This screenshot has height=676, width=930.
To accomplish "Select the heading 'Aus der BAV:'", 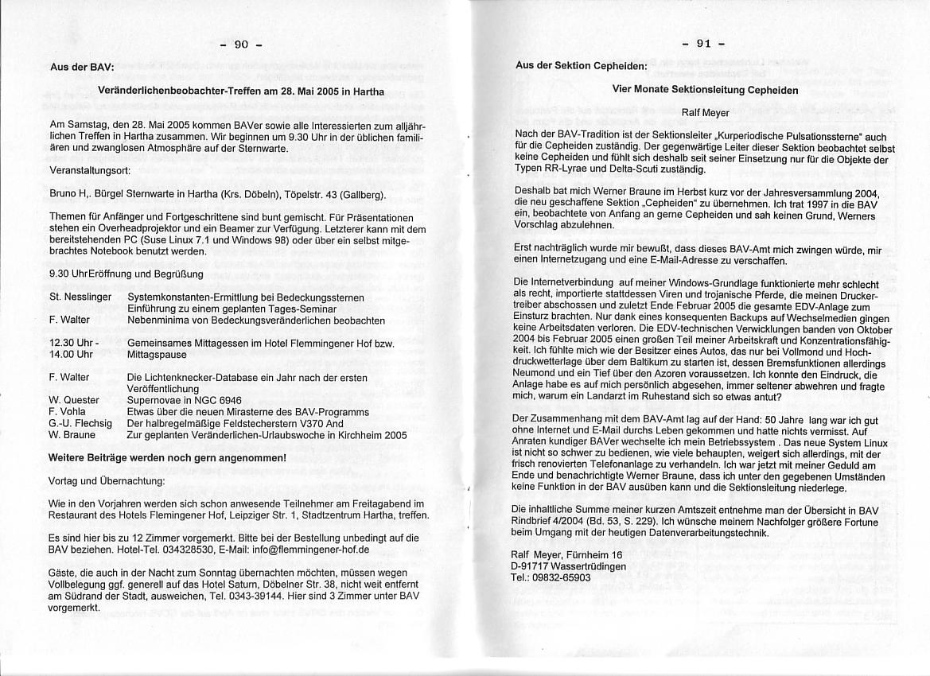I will (81, 67).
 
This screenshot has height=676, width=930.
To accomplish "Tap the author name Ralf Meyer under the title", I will (705, 113).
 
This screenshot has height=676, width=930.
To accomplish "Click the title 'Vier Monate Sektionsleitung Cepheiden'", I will (705, 89).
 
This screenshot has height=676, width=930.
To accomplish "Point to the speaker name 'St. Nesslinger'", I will (80, 297).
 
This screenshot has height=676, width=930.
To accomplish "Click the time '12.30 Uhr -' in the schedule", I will (74, 344).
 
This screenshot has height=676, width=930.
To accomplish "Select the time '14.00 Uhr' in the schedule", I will (71, 355).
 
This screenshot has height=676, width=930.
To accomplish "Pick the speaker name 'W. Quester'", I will (74, 400).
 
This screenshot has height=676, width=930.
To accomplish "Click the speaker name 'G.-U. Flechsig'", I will (80, 423).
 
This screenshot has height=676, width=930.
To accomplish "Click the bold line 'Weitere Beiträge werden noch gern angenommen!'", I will (167, 458).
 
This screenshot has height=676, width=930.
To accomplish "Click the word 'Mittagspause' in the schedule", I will (157, 355).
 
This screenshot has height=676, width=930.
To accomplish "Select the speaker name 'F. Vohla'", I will (68, 412).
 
